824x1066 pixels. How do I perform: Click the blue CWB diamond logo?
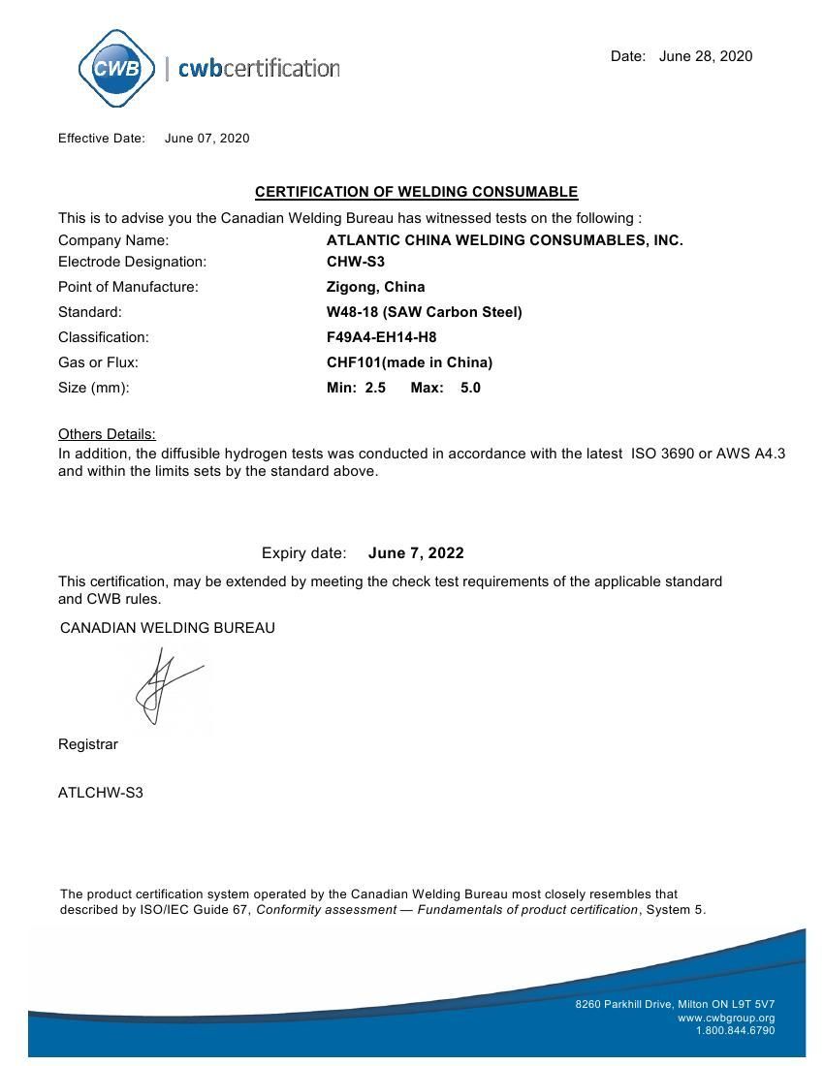point(116,68)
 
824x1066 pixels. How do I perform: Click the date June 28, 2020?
point(705,56)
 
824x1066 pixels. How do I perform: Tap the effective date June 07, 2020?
point(206,138)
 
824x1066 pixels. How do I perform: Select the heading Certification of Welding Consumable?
point(416,192)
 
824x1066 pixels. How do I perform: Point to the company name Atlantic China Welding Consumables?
point(504,240)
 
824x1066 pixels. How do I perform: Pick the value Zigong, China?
point(375,287)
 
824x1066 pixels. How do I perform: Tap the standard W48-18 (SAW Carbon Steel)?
point(424,312)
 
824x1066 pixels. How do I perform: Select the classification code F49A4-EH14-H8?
point(381,337)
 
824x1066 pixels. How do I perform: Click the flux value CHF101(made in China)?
point(409,362)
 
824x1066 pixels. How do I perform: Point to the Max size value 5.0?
point(470,388)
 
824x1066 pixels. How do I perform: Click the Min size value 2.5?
point(375,388)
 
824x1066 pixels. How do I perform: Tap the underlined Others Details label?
point(107,434)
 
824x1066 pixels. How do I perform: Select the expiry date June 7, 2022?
point(416,553)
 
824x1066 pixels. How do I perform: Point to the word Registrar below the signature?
point(88,744)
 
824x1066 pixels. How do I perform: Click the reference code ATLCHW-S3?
point(101,793)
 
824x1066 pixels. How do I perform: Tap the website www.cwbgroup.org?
point(726,1018)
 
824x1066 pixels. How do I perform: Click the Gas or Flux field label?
point(98,362)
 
